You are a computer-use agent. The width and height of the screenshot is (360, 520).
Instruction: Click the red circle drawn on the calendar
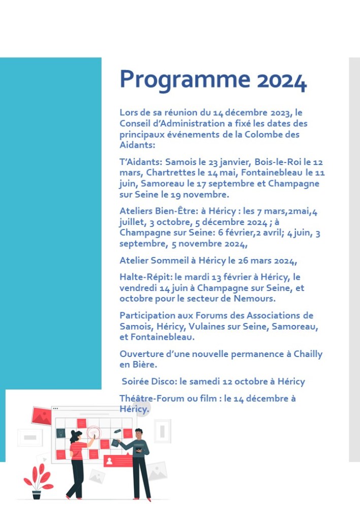pyautogui.click(x=93, y=433)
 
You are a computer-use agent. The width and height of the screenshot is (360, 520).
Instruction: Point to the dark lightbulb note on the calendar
pyautogui.click(x=60, y=433)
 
